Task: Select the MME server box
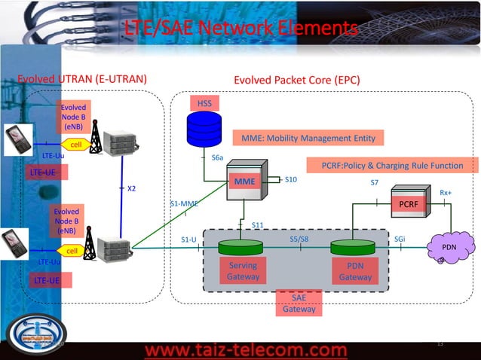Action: tap(247, 183)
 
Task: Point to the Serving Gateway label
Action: tap(243, 271)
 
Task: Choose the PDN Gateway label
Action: tap(354, 271)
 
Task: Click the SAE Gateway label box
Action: tap(299, 304)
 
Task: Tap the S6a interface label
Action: tap(217, 157)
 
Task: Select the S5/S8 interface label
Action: tap(299, 239)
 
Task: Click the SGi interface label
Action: tap(400, 239)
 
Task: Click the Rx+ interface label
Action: tap(446, 193)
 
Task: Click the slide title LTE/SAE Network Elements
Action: tap(240, 29)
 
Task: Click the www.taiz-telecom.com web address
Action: tap(246, 350)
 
